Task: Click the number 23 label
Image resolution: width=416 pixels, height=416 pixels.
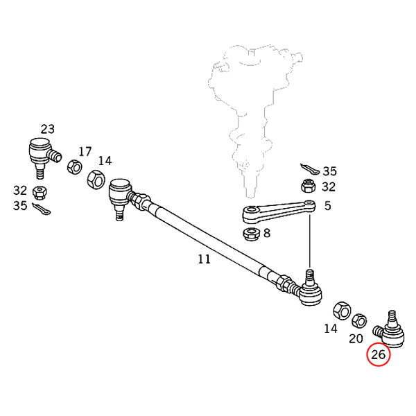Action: tap(47, 129)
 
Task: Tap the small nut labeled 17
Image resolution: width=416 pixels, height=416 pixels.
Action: tap(72, 167)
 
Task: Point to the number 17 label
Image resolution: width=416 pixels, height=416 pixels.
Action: tap(85, 151)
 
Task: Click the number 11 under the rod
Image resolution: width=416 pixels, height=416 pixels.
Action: tap(203, 260)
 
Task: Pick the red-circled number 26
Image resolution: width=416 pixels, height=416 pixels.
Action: tap(379, 356)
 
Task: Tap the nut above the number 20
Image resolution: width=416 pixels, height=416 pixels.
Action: tap(358, 321)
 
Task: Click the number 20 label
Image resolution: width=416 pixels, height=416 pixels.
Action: tap(356, 340)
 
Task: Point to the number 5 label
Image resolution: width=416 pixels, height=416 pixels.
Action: tap(328, 205)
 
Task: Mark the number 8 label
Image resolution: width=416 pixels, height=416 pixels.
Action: tap(267, 234)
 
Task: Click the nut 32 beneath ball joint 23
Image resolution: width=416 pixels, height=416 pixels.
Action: tap(41, 191)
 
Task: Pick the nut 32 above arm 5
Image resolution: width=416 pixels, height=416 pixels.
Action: tap(308, 186)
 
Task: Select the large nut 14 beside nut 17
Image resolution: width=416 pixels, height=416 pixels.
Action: tap(94, 181)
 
